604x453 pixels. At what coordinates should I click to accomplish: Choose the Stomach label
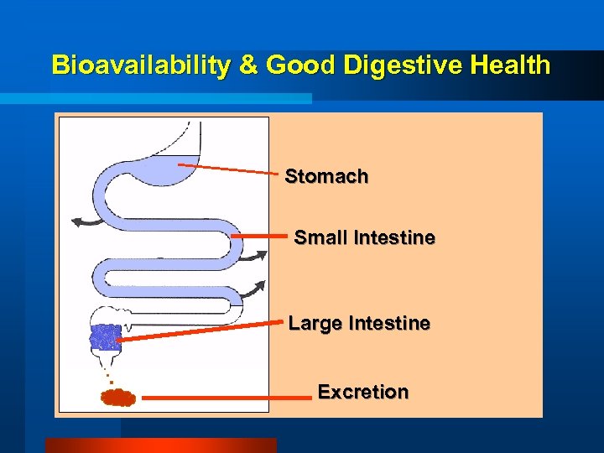(x=326, y=176)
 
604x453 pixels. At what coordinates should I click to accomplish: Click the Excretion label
(x=363, y=392)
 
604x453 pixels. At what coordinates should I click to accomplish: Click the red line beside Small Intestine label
(x=258, y=237)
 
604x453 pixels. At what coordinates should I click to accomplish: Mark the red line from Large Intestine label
(x=201, y=330)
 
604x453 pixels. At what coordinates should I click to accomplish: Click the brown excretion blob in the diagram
(x=118, y=397)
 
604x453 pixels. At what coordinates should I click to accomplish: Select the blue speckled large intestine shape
(x=106, y=336)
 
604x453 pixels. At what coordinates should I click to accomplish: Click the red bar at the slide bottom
(x=159, y=445)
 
